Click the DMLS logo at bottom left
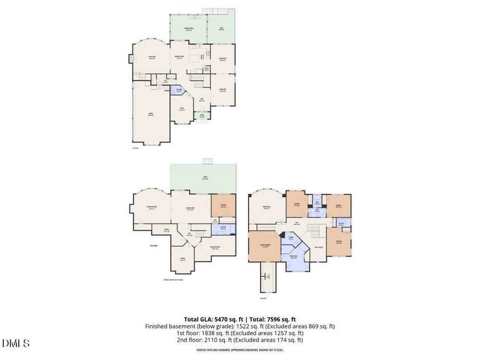[16, 343]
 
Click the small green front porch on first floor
[202, 116]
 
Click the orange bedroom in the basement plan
[223, 204]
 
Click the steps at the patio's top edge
[207, 162]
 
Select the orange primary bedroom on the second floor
[264, 246]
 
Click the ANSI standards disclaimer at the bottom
[239, 350]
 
